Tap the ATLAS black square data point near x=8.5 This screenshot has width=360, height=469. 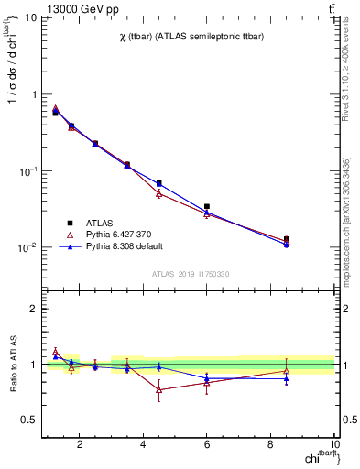pyautogui.click(x=287, y=239)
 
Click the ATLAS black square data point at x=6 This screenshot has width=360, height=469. pyautogui.click(x=207, y=207)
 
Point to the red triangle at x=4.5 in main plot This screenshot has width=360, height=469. pyautogui.click(x=159, y=193)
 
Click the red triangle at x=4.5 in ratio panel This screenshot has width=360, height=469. pyautogui.click(x=159, y=389)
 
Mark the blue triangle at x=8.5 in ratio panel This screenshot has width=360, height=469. pyautogui.click(x=287, y=378)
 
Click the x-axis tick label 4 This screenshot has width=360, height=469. pyautogui.click(x=144, y=445)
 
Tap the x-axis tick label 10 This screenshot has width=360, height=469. pyautogui.click(x=334, y=445)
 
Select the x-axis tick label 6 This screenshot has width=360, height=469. pyautogui.click(x=207, y=445)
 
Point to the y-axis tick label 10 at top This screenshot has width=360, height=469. pyautogui.click(x=29, y=17)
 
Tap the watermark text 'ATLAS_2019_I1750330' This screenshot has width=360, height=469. pyautogui.click(x=191, y=274)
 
